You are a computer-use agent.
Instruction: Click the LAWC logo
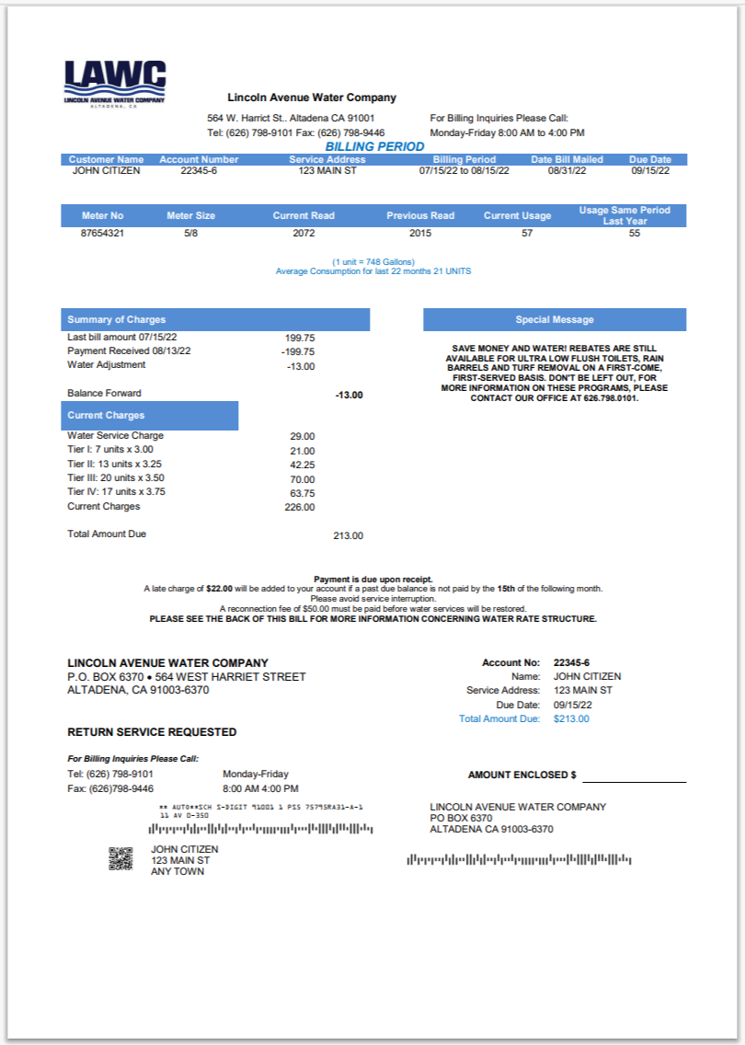(x=115, y=84)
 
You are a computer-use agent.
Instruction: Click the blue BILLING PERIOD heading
(x=374, y=146)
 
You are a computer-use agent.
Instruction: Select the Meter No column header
(x=102, y=215)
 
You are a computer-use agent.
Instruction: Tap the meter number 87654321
(x=102, y=234)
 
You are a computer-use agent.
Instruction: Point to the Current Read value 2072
(x=304, y=234)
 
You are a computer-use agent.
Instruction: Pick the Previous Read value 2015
(x=420, y=234)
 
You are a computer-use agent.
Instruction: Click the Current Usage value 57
(x=527, y=234)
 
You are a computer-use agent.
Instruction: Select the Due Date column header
(x=650, y=159)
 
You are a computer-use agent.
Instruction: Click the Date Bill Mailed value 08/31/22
(x=567, y=171)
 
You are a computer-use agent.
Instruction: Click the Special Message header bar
(x=555, y=319)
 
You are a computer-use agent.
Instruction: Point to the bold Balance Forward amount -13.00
(x=349, y=395)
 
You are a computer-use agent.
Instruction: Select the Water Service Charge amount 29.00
(x=302, y=436)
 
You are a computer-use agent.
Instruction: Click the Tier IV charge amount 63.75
(x=302, y=494)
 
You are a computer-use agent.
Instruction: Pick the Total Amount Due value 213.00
(x=348, y=535)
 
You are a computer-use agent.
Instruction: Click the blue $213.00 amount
(x=571, y=718)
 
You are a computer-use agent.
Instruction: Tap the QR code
(x=120, y=859)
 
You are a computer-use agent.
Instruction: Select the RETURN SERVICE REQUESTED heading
(x=152, y=732)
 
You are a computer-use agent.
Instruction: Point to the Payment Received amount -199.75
(x=298, y=351)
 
